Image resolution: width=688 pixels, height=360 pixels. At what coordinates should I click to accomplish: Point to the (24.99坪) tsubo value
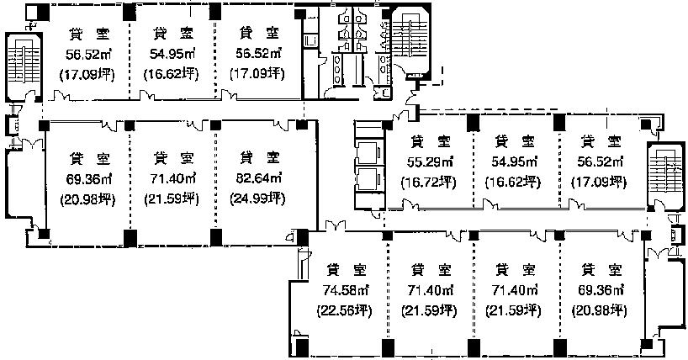[x=258, y=199]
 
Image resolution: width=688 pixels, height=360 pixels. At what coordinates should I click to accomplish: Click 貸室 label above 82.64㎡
[x=258, y=157]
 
